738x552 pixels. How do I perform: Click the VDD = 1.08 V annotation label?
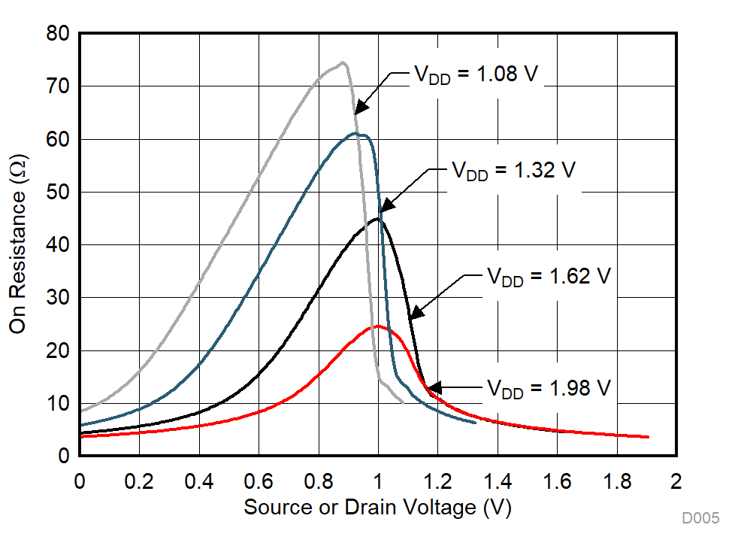[x=476, y=75]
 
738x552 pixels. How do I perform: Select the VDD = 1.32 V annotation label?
[x=513, y=170]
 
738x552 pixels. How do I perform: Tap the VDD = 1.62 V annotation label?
[x=549, y=276]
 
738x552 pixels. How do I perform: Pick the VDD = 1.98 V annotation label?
[x=549, y=388]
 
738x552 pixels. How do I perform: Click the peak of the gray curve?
[x=343, y=62]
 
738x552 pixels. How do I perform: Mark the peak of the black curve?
[x=377, y=219]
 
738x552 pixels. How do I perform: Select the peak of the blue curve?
[x=358, y=134]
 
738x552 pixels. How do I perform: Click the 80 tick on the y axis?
[x=59, y=34]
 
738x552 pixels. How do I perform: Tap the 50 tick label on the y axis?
[x=59, y=193]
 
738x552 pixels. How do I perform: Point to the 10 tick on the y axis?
[x=59, y=404]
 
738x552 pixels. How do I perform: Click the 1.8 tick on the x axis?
[x=616, y=481]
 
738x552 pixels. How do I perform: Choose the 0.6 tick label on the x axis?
[x=259, y=481]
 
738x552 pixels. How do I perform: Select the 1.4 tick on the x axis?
[x=497, y=481]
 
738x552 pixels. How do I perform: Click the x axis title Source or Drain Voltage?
[x=377, y=508]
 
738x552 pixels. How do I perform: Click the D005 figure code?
[x=700, y=518]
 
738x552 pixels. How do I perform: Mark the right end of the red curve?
[x=648, y=437]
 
